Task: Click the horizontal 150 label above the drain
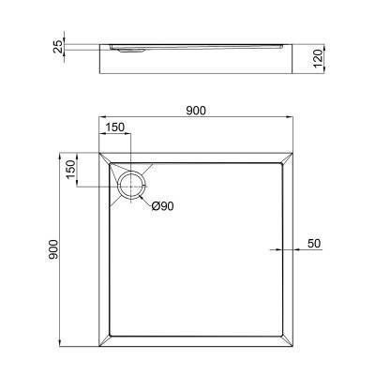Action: [x=115, y=128]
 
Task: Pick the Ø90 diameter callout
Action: [x=163, y=207]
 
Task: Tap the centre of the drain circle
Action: [x=132, y=178]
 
